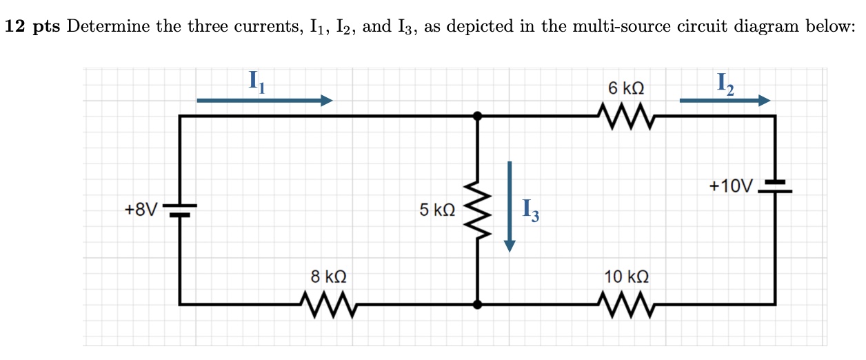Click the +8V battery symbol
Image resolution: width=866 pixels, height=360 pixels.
[x=180, y=210]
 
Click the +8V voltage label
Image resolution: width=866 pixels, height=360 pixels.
[x=141, y=209]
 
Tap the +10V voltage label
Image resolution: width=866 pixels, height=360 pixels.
[x=732, y=186]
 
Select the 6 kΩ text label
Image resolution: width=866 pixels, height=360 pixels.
[x=626, y=89]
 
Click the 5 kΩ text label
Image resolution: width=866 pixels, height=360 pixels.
[x=437, y=209]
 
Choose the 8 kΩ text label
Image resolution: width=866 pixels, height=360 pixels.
[x=328, y=277]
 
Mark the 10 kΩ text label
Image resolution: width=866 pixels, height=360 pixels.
[x=626, y=277]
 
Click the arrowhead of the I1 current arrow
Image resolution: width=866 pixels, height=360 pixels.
[x=326, y=101]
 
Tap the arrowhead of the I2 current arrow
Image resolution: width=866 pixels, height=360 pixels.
[x=763, y=101]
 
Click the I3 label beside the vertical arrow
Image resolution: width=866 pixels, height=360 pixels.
[x=530, y=210]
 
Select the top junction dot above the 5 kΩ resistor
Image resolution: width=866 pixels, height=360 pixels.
[x=476, y=117]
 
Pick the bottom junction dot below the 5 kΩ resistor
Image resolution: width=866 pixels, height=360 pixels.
[x=476, y=303]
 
